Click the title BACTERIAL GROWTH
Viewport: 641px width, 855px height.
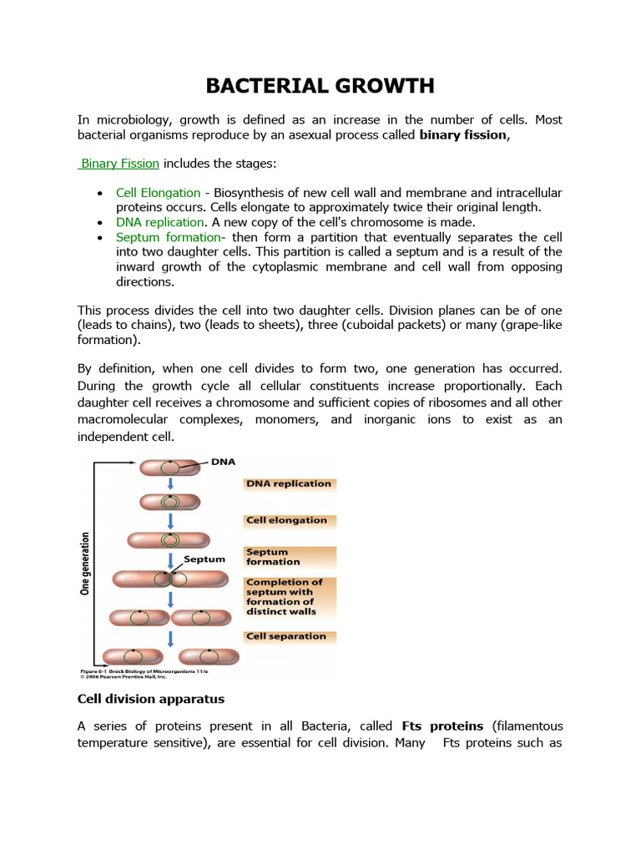[320, 86]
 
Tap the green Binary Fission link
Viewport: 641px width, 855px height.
[119, 164]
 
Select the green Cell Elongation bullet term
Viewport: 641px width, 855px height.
[158, 193]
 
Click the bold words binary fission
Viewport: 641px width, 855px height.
[462, 134]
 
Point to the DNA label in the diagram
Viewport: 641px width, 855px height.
[224, 461]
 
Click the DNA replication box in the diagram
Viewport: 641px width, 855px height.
[288, 483]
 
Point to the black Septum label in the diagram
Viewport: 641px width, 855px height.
[204, 559]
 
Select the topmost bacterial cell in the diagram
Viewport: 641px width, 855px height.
[169, 468]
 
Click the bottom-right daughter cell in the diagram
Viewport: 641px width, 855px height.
[209, 656]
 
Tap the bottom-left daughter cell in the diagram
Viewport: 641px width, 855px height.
[134, 656]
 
